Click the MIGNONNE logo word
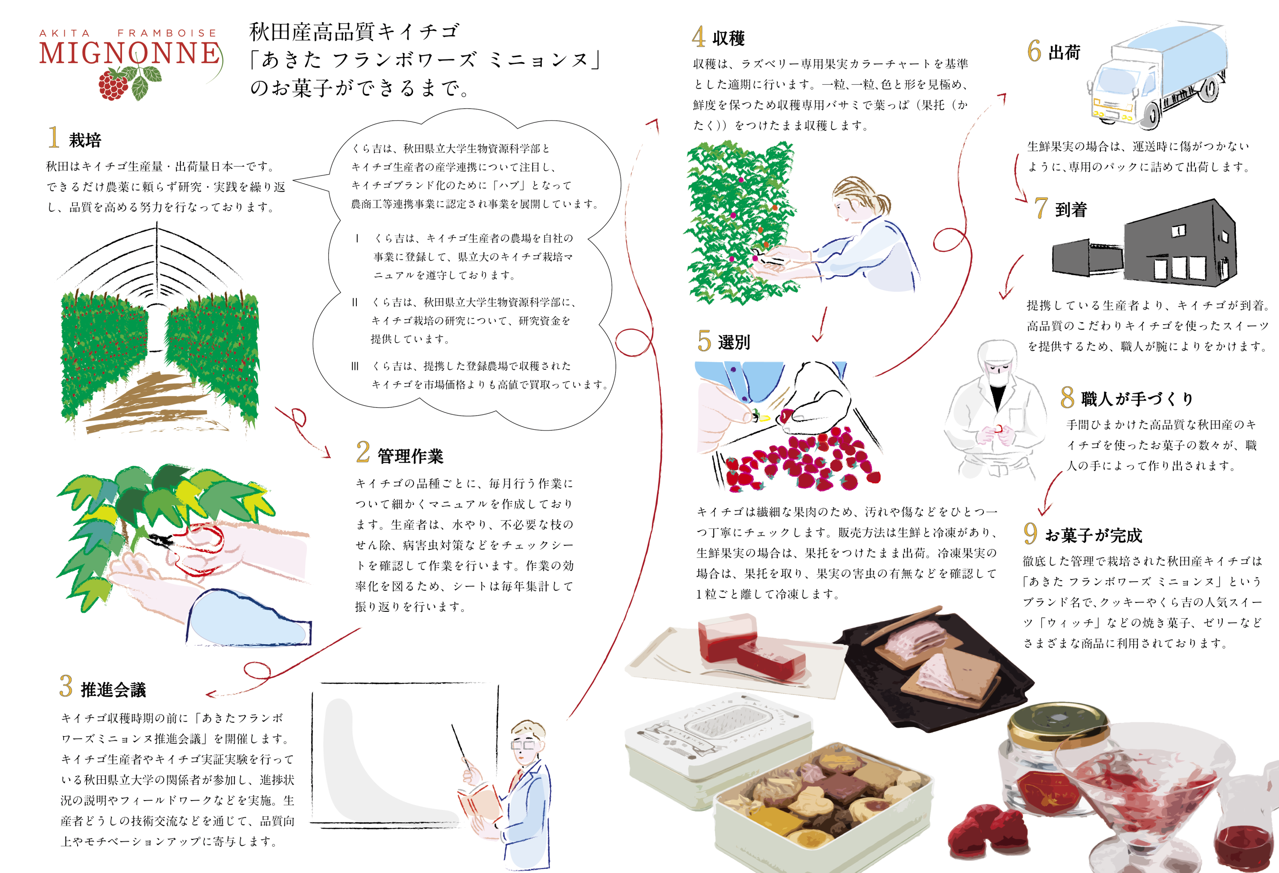coord(130,53)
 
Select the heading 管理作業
coord(410,456)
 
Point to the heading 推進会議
coord(113,689)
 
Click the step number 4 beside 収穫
coord(698,37)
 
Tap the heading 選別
coord(734,342)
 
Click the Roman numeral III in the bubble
coord(355,366)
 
